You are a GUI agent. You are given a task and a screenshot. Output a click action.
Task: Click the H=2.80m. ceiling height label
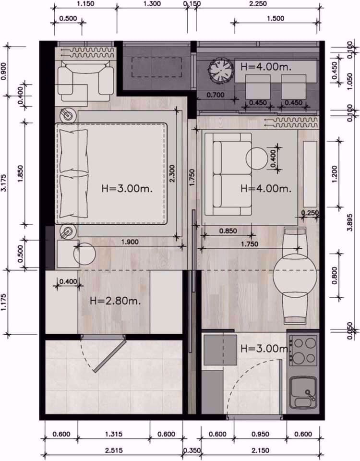tap(116, 301)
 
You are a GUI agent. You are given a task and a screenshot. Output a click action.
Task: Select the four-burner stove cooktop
tap(303, 351)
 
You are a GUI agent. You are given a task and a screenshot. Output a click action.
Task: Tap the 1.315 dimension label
tap(114, 434)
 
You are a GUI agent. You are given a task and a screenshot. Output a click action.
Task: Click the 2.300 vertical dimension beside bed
tap(172, 173)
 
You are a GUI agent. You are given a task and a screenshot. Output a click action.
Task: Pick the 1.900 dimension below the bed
tap(130, 242)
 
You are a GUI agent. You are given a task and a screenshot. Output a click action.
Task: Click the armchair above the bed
tap(85, 78)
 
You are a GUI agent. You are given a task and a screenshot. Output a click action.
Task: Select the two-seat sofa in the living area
tap(228, 174)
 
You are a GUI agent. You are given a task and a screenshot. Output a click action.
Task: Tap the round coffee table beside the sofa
tap(257, 158)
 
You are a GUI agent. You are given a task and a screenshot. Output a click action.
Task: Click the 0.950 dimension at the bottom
tap(261, 434)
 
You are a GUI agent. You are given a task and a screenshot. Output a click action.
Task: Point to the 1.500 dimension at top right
tap(276, 19)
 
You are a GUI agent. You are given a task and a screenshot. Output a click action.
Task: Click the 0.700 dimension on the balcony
tap(215, 95)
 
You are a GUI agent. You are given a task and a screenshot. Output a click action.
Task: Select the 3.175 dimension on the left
tap(4, 183)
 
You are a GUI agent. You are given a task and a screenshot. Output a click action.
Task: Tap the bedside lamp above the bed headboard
tap(68, 115)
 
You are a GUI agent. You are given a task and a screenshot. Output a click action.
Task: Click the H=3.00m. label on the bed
tap(127, 188)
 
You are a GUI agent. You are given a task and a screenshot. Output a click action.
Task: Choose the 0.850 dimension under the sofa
tap(228, 231)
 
